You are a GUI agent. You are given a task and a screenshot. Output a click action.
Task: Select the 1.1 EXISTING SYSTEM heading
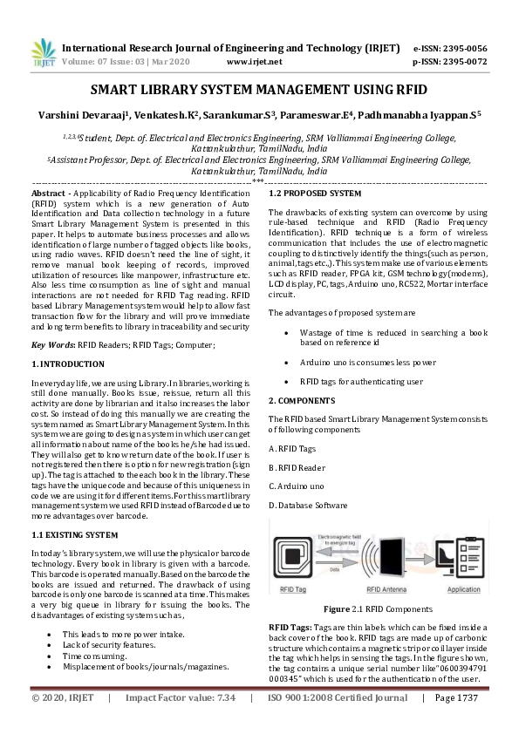(x=74, y=534)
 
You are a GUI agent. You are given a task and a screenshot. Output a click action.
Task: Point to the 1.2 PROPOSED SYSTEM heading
(x=314, y=192)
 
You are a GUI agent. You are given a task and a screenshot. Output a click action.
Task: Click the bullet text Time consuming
(x=95, y=654)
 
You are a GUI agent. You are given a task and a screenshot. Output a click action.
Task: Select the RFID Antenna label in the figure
(x=386, y=589)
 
